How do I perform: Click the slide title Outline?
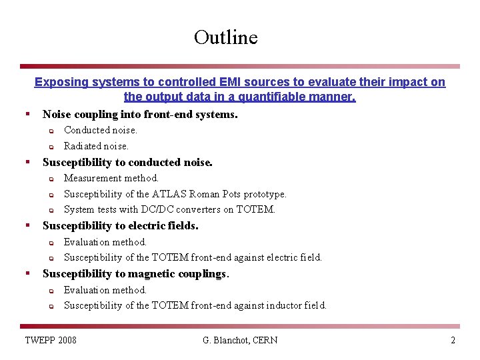225,37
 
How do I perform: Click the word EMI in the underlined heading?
230,82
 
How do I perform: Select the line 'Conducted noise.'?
100,130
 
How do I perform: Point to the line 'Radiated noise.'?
96,146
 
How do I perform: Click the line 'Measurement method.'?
111,178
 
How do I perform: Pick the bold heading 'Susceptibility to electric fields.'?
120,226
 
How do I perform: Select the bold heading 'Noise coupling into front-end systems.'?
140,114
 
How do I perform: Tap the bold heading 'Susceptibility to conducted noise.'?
127,162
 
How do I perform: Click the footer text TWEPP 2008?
51,341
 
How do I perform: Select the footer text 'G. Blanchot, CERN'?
240,341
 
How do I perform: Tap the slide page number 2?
453,341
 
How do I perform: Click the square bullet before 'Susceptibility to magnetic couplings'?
27,273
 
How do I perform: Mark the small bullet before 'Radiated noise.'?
51,146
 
